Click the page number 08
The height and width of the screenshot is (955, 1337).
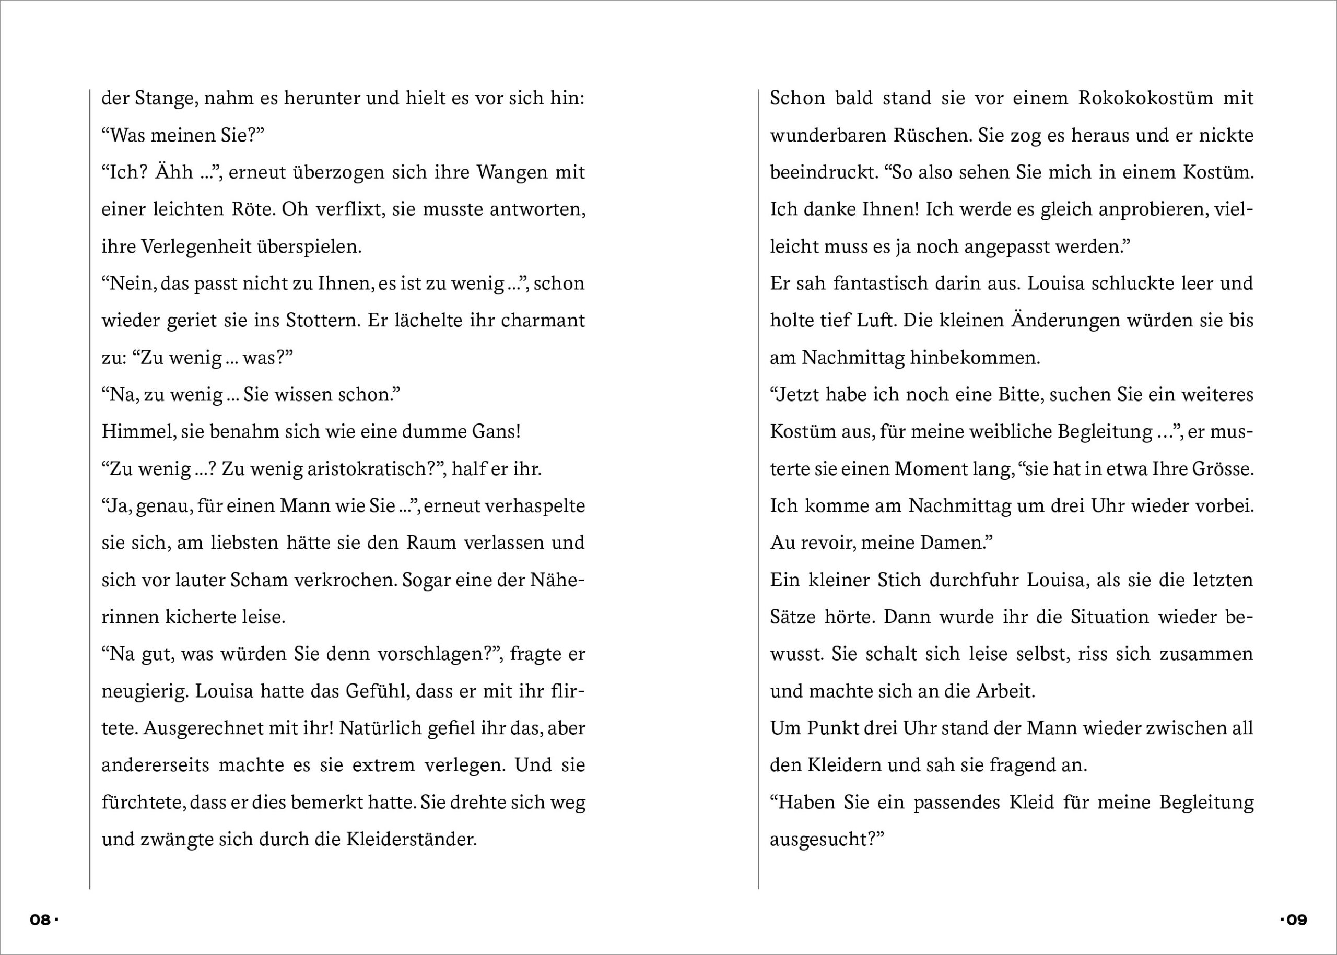pos(40,919)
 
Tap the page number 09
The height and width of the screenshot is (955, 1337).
pos(1296,919)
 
